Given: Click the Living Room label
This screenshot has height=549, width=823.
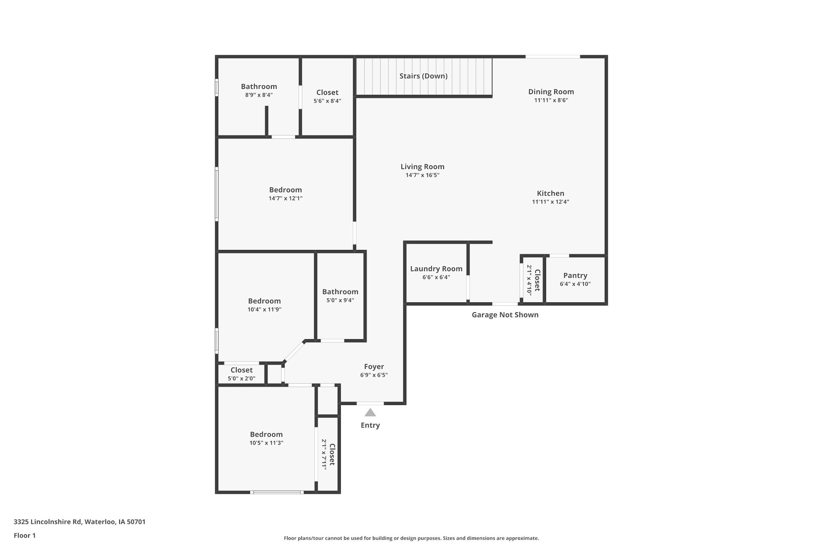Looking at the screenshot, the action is tap(422, 167).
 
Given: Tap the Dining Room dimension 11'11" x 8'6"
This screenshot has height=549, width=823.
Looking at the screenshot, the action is tap(551, 100).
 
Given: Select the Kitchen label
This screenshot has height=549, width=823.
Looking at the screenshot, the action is tap(550, 193).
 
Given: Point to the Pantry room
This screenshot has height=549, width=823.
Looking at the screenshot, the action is tap(575, 280).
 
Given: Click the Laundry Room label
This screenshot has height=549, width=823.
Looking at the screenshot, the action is tap(436, 269).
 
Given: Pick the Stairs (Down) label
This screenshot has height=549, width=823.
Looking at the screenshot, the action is tap(424, 76).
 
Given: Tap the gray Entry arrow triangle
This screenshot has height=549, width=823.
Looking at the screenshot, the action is tap(370, 413).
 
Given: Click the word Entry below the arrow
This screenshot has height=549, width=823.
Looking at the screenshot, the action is tap(370, 425).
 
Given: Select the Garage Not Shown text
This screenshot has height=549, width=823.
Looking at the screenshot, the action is tap(505, 315).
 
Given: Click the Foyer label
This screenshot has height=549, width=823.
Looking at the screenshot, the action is tap(374, 367).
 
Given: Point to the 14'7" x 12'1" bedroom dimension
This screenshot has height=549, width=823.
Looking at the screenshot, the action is tap(285, 199).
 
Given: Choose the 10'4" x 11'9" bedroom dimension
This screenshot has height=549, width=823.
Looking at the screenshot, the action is tap(264, 310).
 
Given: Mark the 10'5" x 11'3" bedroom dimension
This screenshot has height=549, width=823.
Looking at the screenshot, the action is tap(266, 443).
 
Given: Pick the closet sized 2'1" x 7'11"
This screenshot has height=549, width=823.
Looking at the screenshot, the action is tap(328, 455).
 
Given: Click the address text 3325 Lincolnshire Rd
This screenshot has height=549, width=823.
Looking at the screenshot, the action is tap(48, 522).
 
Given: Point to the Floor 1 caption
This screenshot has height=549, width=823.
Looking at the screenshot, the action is tap(25, 536).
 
